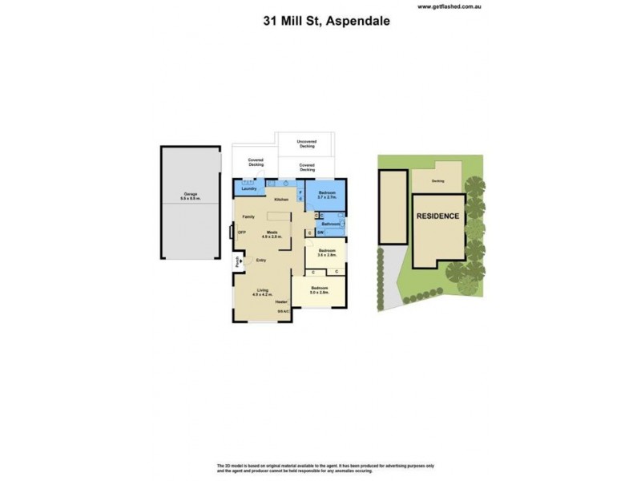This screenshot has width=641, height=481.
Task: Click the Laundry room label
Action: [248, 189]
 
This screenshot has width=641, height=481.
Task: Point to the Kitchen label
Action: [280, 199]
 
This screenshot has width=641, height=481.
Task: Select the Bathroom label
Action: [331, 224]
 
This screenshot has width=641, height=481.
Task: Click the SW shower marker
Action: [320, 232]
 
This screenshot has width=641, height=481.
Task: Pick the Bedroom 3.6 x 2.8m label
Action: [325, 253]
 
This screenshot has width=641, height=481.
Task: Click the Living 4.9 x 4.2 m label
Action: [263, 293]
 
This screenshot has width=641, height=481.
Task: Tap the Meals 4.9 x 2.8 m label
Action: [272, 235]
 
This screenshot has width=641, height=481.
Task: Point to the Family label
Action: [249, 217]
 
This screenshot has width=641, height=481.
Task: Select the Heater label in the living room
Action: [281, 301]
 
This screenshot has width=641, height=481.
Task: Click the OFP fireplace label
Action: [241, 233]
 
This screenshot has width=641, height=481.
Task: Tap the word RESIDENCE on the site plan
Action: [437, 216]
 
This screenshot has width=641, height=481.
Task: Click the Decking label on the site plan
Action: [438, 180]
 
